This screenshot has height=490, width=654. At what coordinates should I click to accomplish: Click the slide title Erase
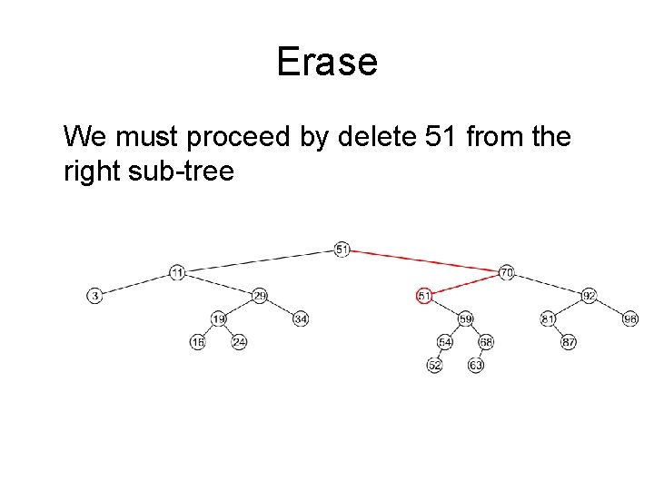(x=326, y=63)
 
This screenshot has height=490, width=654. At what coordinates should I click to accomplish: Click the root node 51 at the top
(x=342, y=249)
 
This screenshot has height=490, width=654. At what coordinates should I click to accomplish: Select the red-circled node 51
(x=423, y=296)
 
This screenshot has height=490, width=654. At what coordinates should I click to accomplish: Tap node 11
(x=177, y=272)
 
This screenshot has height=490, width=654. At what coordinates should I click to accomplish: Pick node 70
(x=507, y=272)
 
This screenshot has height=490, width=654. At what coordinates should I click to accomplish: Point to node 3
(x=94, y=296)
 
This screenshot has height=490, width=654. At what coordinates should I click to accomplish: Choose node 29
(x=260, y=296)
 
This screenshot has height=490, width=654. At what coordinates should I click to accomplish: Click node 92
(x=589, y=296)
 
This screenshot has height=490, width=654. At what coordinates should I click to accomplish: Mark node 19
(x=219, y=318)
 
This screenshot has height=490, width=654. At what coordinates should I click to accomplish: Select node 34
(x=301, y=318)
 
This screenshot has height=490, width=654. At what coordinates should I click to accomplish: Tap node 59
(x=465, y=318)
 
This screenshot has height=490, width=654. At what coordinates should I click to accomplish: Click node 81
(x=548, y=318)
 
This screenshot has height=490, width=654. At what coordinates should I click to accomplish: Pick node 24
(x=239, y=342)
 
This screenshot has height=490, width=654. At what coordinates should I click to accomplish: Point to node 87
(x=569, y=342)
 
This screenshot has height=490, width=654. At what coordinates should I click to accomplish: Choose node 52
(x=435, y=365)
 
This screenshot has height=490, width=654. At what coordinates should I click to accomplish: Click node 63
(x=476, y=365)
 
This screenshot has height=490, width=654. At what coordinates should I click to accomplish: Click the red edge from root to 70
(x=424, y=260)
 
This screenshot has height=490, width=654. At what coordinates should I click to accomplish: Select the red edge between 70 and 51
(x=465, y=284)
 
